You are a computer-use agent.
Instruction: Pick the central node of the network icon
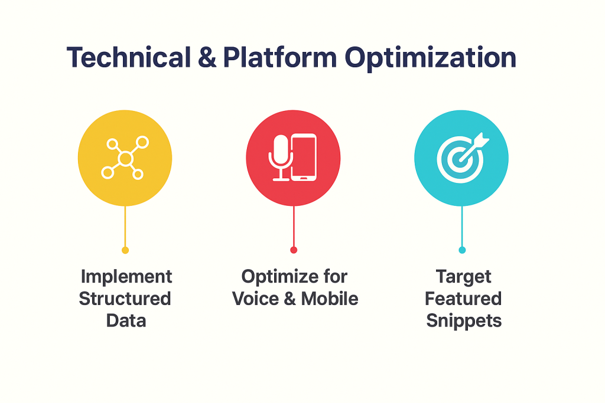click(x=125, y=158)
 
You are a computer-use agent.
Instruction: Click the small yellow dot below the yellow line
click(x=125, y=250)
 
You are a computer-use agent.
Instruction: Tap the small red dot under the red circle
click(x=294, y=250)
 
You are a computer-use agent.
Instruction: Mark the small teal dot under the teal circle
click(x=462, y=250)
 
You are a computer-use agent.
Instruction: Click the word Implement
click(x=126, y=277)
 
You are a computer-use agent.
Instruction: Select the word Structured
click(x=125, y=299)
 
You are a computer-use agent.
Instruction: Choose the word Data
click(x=126, y=320)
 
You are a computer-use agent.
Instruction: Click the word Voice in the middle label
click(x=258, y=299)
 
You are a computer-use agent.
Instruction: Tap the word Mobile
click(x=330, y=299)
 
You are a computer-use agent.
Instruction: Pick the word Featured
click(x=463, y=299)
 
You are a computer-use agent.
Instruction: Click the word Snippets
click(x=463, y=320)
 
